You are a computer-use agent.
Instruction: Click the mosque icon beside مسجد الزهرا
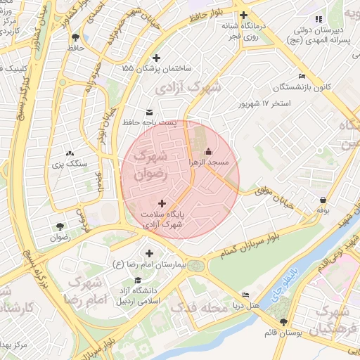[x=208, y=151]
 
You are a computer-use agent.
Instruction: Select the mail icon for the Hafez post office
[x=149, y=112]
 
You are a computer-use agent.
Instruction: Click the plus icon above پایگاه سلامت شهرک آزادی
[x=162, y=203]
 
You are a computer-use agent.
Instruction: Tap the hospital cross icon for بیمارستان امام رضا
[x=148, y=253]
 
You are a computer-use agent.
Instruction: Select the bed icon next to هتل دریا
[x=245, y=295]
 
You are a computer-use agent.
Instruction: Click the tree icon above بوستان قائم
[x=283, y=322]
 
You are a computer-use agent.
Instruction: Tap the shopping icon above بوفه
[x=322, y=200]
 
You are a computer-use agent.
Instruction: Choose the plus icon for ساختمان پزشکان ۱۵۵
[x=156, y=58]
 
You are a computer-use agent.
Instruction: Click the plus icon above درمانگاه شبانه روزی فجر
[x=243, y=15]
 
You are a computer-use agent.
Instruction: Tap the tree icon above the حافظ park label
[x=75, y=37]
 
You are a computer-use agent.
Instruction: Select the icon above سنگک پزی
[x=69, y=153]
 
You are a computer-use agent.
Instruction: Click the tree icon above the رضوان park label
[x=60, y=226]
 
